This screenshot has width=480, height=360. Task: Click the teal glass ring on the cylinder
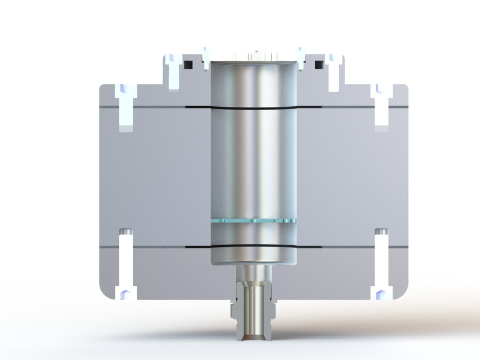(253, 221)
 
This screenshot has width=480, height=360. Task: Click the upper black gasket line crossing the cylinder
(253, 107)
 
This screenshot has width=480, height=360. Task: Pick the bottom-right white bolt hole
(382, 264)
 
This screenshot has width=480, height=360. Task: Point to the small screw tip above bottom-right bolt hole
(381, 232)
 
